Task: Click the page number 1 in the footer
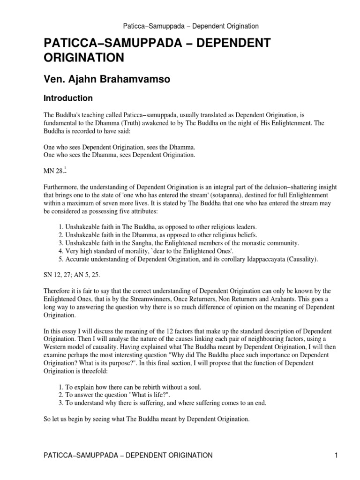[x=337, y=455]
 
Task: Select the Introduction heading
[x=68, y=98]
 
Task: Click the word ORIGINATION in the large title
[x=83, y=58]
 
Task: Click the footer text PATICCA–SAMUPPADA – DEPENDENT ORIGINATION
[x=127, y=455]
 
